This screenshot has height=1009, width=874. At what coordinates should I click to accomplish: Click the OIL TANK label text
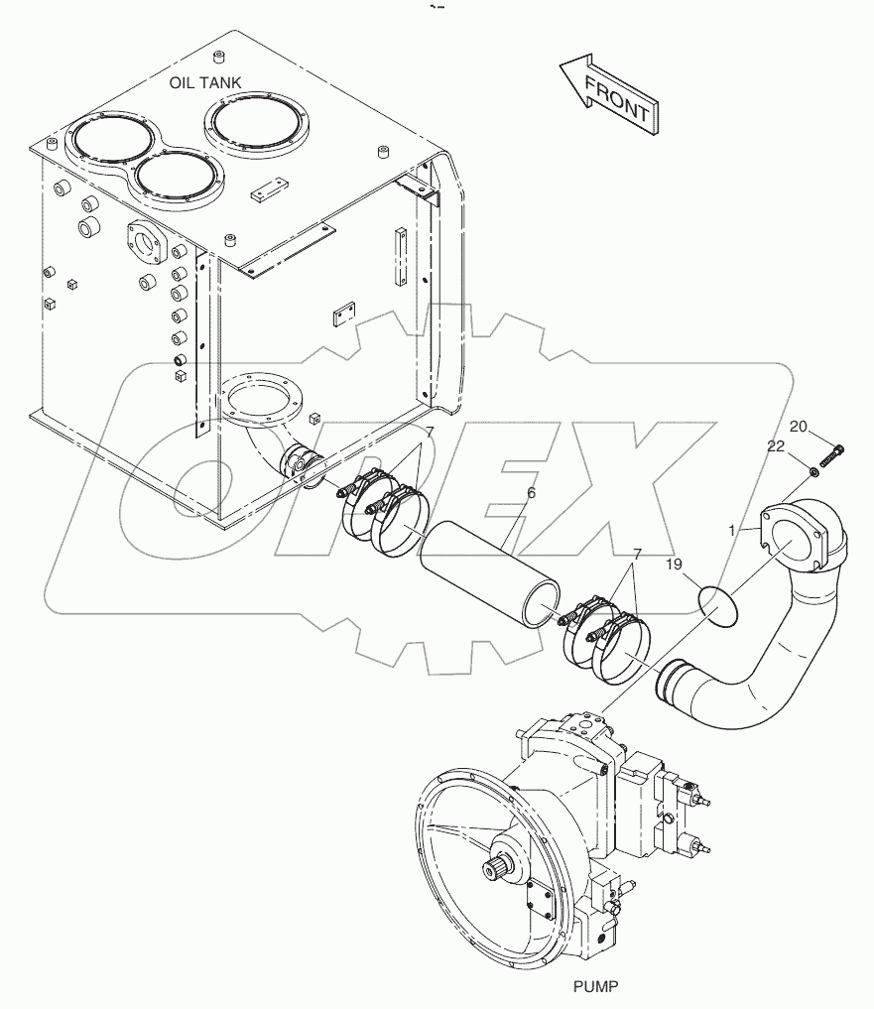click(204, 82)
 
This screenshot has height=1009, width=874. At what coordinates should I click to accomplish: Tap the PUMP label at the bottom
click(595, 986)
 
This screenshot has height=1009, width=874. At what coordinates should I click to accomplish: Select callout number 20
click(800, 428)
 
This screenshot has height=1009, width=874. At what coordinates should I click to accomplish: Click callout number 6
click(531, 493)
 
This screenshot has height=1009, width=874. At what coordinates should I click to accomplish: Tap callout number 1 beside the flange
click(733, 530)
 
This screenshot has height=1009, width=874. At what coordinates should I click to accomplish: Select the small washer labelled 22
click(812, 469)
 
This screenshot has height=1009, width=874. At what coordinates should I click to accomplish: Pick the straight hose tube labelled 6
click(485, 576)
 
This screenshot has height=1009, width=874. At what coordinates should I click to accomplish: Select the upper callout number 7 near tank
click(429, 433)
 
